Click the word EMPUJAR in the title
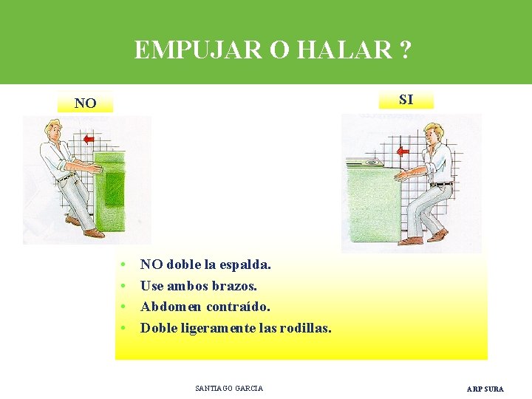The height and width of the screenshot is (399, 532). coord(188,50)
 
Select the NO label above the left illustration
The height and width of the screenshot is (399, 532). coord(85,103)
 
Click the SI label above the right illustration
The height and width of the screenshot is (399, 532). coord(406,99)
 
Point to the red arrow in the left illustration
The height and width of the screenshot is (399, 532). coord(89,139)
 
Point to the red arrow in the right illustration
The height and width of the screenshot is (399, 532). coord(403,152)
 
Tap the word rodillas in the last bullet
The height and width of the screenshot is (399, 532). coord(305,327)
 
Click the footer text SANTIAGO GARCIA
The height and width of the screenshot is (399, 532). coord(229,388)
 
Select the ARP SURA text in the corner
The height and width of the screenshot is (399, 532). coord(485,389)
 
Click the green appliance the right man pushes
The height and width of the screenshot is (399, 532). coord(373,199)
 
